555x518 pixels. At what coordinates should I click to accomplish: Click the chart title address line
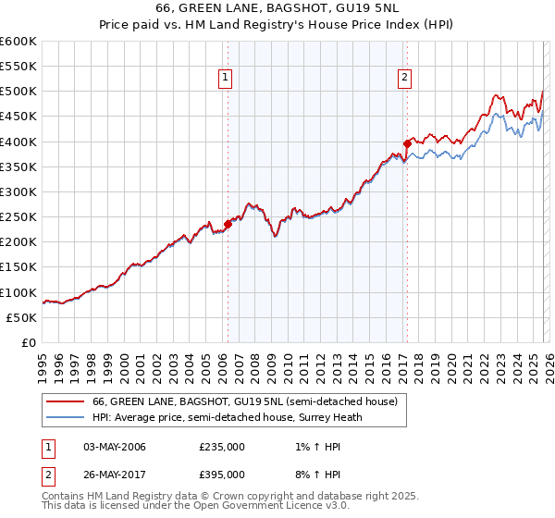pyautogui.click(x=277, y=8)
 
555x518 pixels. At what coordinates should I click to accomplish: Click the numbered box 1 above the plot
pyautogui.click(x=227, y=79)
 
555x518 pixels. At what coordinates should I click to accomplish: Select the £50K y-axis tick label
pyautogui.click(x=21, y=317)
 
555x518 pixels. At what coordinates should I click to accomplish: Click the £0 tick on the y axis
pyautogui.click(x=30, y=342)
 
